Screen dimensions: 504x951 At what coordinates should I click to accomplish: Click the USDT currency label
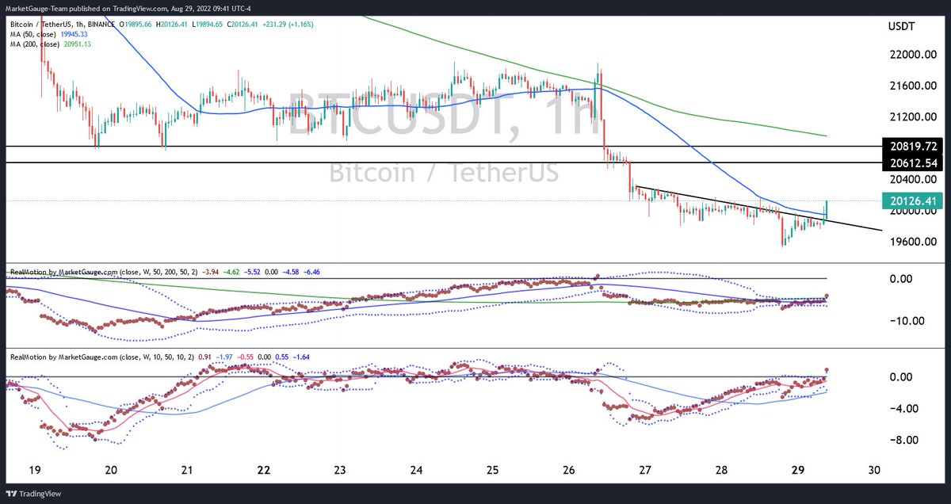[903, 27]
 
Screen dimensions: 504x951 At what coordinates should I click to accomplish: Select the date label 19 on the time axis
[34, 470]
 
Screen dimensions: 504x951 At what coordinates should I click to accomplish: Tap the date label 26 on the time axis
[568, 470]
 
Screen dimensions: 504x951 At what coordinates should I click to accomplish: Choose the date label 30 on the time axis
[873, 470]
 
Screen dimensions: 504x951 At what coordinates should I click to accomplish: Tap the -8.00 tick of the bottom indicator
[903, 440]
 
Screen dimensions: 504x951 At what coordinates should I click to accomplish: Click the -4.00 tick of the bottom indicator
[903, 408]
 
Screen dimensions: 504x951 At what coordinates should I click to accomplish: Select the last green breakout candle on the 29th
[827, 208]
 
